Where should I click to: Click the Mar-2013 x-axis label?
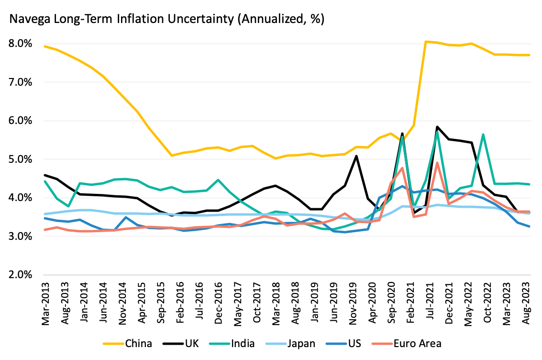(x=46, y=303)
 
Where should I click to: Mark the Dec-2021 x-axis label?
(x=450, y=303)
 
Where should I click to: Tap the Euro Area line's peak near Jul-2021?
(x=437, y=163)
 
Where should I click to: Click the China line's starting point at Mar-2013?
(x=44, y=46)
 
